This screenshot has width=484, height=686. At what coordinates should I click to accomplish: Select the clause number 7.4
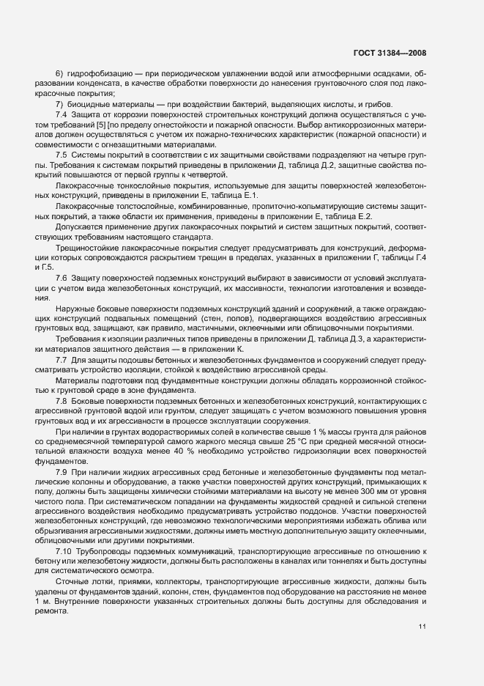[62, 116]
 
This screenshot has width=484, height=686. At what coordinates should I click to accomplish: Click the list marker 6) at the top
[61, 74]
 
